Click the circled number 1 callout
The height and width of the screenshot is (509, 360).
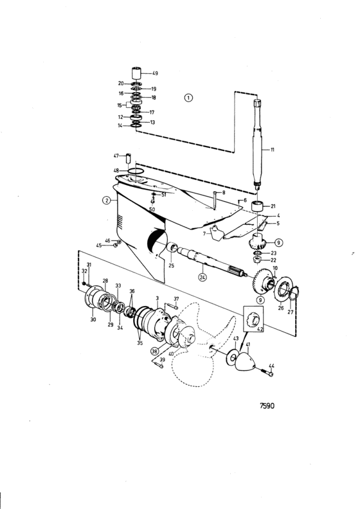pyautogui.click(x=188, y=98)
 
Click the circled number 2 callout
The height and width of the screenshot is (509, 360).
pyautogui.click(x=107, y=201)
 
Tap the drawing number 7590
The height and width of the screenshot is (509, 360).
pyautogui.click(x=267, y=406)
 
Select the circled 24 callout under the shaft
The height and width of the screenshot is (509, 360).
pyautogui.click(x=203, y=278)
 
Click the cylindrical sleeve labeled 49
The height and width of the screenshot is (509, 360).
pyautogui.click(x=138, y=73)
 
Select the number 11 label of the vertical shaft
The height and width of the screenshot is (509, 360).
pyautogui.click(x=272, y=150)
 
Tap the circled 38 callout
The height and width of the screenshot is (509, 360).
pyautogui.click(x=154, y=352)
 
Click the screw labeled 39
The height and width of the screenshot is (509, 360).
pyautogui.click(x=157, y=365)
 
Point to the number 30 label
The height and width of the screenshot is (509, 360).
pyautogui.click(x=93, y=319)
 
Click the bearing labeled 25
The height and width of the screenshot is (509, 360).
pyautogui.click(x=172, y=249)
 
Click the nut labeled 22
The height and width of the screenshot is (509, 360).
pyautogui.click(x=258, y=260)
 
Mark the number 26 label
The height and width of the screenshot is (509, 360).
pyautogui.click(x=281, y=308)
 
